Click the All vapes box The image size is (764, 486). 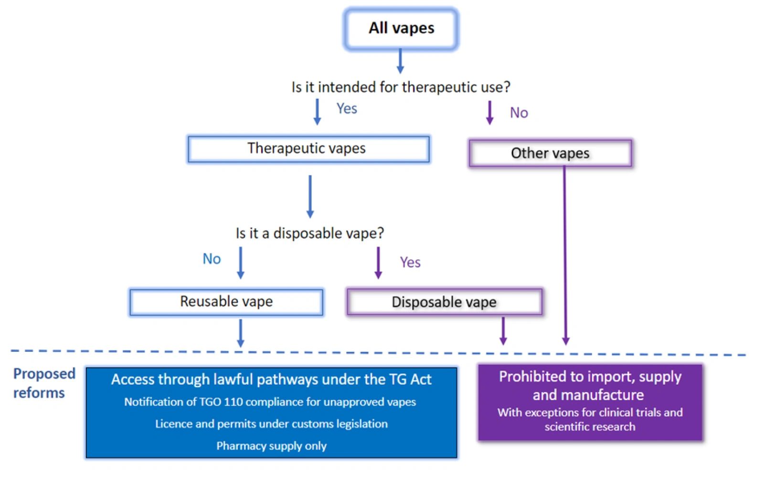click(x=401, y=29)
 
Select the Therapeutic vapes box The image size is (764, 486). click(x=308, y=149)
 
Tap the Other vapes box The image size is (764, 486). click(x=550, y=153)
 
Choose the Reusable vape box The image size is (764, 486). click(x=226, y=302)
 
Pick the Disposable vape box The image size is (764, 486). click(x=444, y=302)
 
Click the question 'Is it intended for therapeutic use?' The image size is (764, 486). click(x=401, y=87)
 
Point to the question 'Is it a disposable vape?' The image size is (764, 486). click(x=309, y=233)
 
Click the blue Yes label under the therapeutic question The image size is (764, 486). click(x=347, y=109)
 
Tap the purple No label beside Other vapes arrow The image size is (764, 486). click(x=519, y=113)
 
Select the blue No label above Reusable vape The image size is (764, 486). click(x=212, y=259)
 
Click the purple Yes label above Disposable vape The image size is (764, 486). click(x=410, y=262)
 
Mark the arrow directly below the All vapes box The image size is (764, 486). click(x=400, y=61)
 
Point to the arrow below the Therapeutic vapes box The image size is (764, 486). click(x=310, y=196)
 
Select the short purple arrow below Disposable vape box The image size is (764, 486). click(x=503, y=331)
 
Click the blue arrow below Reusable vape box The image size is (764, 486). click(x=241, y=333)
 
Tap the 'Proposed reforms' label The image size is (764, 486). click(x=44, y=383)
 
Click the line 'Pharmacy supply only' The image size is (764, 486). click(x=271, y=446)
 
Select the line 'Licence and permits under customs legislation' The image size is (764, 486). click(x=271, y=424)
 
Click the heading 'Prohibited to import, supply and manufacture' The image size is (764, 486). click(x=590, y=386)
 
